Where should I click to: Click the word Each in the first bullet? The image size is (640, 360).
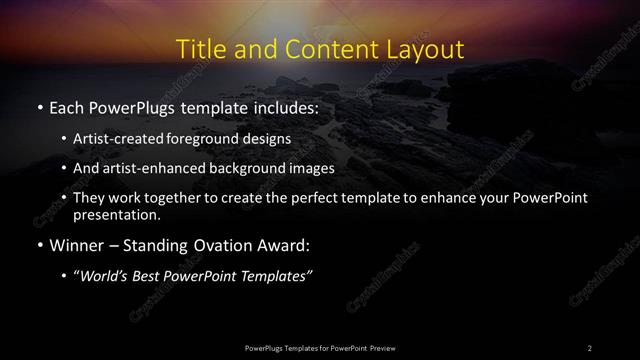click(x=66, y=106)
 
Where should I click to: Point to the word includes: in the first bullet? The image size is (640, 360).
click(x=283, y=106)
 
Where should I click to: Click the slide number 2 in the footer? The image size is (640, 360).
click(x=589, y=347)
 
